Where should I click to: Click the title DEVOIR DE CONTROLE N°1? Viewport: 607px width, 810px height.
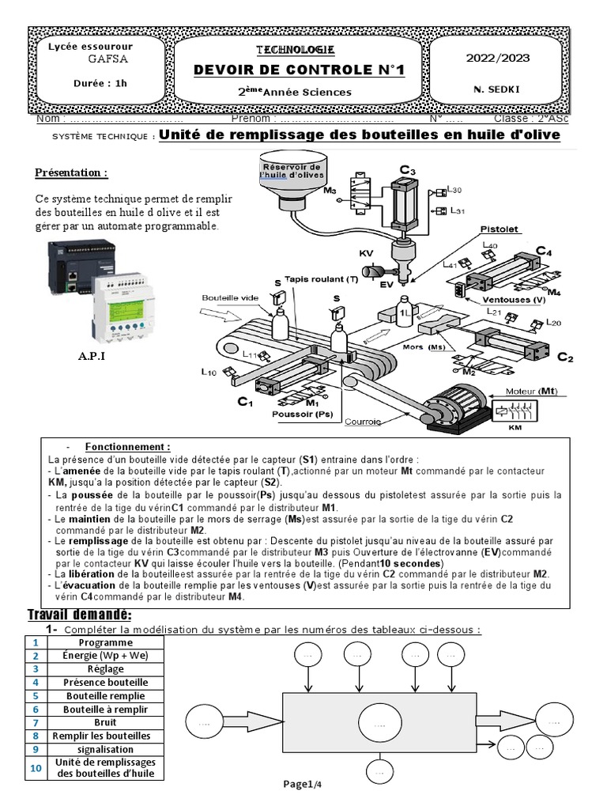(x=299, y=71)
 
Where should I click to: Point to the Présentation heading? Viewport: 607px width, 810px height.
(x=71, y=172)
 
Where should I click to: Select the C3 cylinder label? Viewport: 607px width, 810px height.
(x=407, y=170)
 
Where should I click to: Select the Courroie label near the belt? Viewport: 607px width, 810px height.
(x=363, y=422)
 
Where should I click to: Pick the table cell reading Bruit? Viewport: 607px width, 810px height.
(x=104, y=722)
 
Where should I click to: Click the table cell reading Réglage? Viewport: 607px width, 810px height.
(x=104, y=668)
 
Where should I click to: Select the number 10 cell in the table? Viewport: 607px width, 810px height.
(x=35, y=767)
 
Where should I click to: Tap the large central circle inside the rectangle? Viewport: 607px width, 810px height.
(x=379, y=723)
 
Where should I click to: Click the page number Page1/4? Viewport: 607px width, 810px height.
(x=303, y=783)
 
